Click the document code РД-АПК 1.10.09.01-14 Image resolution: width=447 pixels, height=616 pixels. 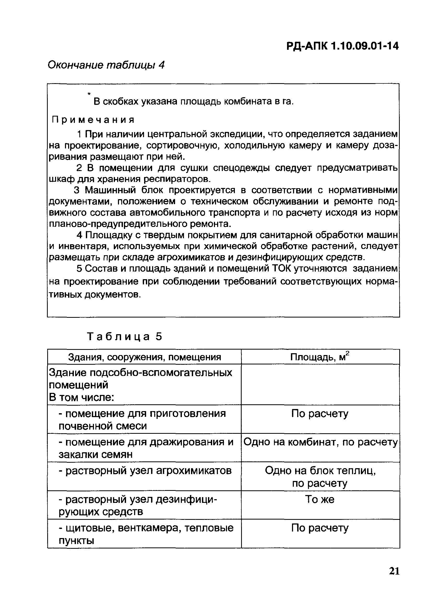tap(342, 46)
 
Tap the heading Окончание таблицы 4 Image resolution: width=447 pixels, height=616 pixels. tap(106, 65)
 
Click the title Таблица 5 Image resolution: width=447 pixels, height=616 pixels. tap(124, 337)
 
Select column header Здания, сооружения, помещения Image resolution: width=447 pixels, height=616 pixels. tap(144, 357)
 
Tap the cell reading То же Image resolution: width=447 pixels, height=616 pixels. tap(320, 499)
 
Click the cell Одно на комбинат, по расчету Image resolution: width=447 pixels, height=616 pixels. tap(320, 442)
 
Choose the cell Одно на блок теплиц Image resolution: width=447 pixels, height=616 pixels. tap(320, 471)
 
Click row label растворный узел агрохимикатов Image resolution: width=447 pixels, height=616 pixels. tap(145, 471)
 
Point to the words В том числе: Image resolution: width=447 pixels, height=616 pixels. tap(81, 398)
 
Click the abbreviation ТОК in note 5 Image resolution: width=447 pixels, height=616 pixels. tap(281, 269)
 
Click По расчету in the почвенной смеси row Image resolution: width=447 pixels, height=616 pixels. tap(320, 414)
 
